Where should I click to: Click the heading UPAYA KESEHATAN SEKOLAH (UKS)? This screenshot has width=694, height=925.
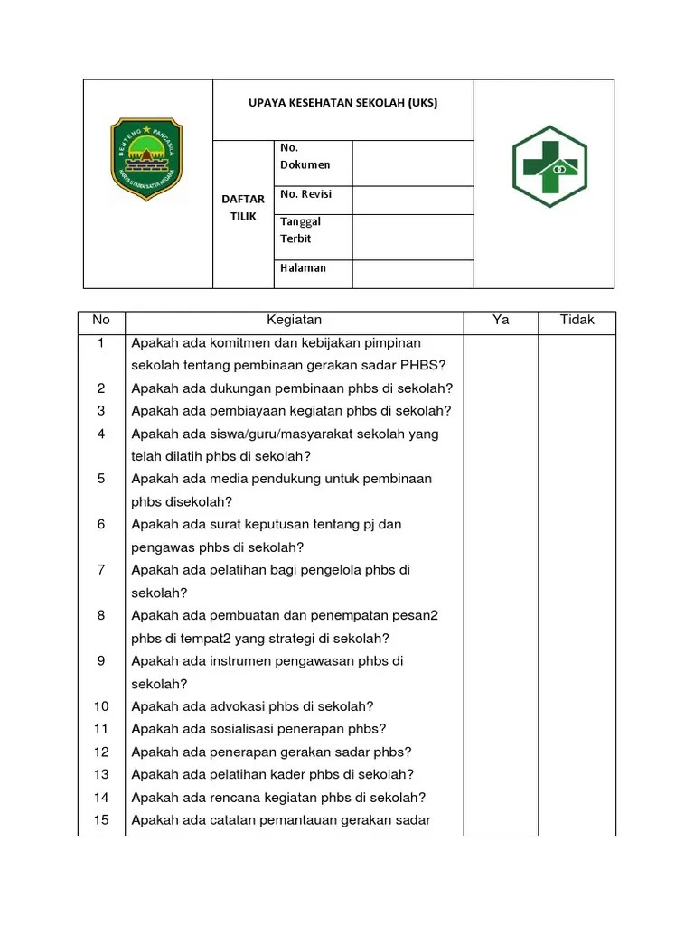pyautogui.click(x=342, y=103)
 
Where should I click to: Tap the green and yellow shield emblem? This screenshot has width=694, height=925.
pyautogui.click(x=146, y=159)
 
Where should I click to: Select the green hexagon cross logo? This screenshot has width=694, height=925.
pyautogui.click(x=549, y=167)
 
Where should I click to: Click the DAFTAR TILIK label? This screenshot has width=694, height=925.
pyautogui.click(x=243, y=207)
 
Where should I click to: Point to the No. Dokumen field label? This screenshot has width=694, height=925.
pyautogui.click(x=305, y=156)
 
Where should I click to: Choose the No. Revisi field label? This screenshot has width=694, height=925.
pyautogui.click(x=306, y=194)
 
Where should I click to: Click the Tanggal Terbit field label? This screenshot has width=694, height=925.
pyautogui.click(x=300, y=229)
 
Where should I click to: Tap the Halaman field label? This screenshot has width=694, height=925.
pyautogui.click(x=303, y=267)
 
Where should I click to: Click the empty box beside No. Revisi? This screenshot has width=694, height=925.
pyautogui.click(x=412, y=200)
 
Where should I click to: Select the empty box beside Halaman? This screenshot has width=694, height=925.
pyautogui.click(x=412, y=274)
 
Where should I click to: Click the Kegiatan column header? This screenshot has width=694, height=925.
pyautogui.click(x=294, y=320)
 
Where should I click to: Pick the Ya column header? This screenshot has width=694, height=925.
pyautogui.click(x=501, y=320)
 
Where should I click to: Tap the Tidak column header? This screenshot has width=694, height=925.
pyautogui.click(x=577, y=320)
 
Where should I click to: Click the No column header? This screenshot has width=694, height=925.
pyautogui.click(x=101, y=320)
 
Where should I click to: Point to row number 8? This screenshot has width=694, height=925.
pyautogui.click(x=101, y=615)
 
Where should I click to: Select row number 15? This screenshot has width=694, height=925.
pyautogui.click(x=101, y=820)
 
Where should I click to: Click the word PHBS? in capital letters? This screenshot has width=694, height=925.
pyautogui.click(x=430, y=366)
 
